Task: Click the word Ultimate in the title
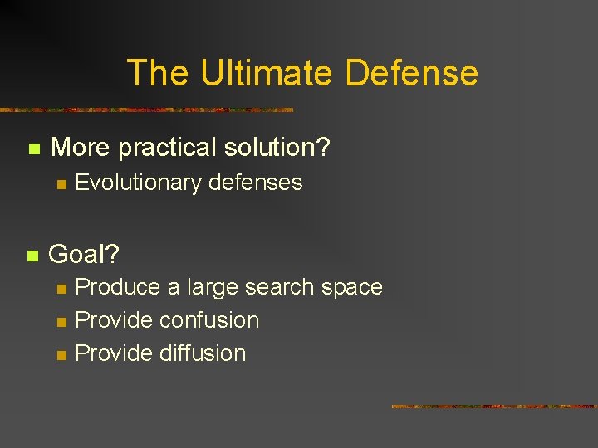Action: (267, 73)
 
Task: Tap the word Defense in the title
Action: (411, 73)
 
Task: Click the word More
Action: (81, 149)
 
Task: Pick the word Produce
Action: (117, 288)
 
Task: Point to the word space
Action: (351, 288)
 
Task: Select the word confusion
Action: (209, 320)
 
